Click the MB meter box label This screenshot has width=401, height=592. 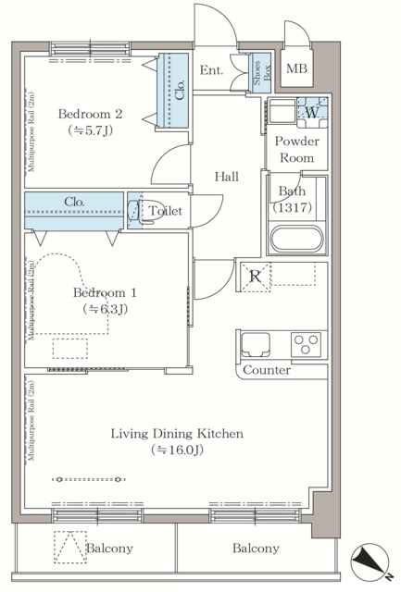tap(296, 68)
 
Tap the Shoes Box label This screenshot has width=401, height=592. tap(262, 73)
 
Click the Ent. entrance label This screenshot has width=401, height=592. tap(212, 70)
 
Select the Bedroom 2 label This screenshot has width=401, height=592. tap(91, 114)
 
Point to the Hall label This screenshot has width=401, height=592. tap(227, 177)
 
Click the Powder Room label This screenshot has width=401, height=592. tap(296, 149)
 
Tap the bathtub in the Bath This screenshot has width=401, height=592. tap(297, 239)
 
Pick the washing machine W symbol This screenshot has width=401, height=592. tap(312, 112)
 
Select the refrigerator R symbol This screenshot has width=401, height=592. tap(256, 277)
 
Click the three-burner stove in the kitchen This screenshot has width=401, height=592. tap(306, 344)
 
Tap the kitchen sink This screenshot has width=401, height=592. tap(255, 344)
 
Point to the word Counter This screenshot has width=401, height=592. tap(267, 370)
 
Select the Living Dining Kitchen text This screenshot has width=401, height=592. tap(177, 434)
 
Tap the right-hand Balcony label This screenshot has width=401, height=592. tap(256, 549)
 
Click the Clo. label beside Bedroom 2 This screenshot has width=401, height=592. tap(181, 90)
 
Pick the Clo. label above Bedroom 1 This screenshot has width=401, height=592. tap(74, 202)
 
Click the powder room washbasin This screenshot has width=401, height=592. tap(282, 111)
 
